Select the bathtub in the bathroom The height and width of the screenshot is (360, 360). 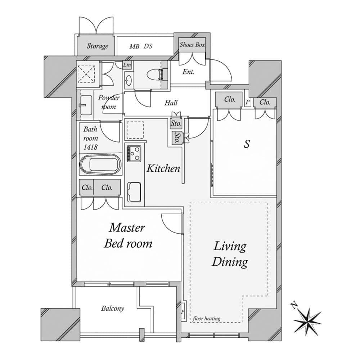(x=100, y=165)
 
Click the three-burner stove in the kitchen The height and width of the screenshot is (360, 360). (x=134, y=153)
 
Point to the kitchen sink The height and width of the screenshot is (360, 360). (x=134, y=192)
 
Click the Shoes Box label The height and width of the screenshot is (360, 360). (x=192, y=45)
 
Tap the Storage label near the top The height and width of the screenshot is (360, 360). (x=98, y=46)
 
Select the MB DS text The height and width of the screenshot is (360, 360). (x=141, y=46)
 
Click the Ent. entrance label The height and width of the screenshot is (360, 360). (x=189, y=72)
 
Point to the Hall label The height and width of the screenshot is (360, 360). (x=171, y=103)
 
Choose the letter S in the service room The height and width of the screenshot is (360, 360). (x=247, y=144)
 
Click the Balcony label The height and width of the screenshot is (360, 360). (x=112, y=309)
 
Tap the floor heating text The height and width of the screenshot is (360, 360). (x=207, y=319)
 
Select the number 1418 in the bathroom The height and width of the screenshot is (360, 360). (x=90, y=147)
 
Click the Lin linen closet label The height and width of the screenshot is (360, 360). (x=127, y=65)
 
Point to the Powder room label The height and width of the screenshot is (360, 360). (x=109, y=102)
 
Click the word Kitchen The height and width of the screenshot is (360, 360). (x=163, y=168)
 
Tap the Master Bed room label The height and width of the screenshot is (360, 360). (x=128, y=236)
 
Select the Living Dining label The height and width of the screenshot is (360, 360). (x=230, y=254)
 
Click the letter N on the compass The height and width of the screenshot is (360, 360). (x=294, y=306)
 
